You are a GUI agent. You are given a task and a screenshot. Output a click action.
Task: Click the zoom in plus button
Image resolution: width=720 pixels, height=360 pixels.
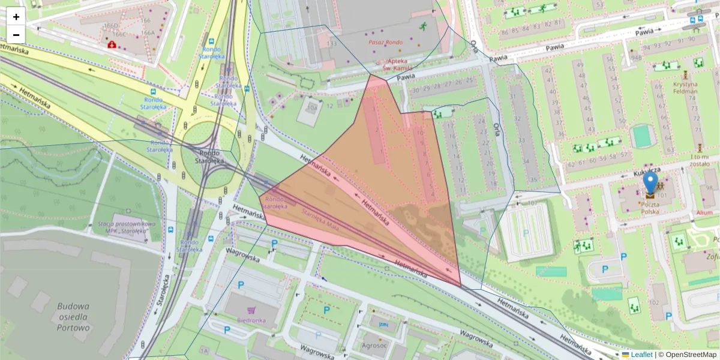click(x=16, y=16)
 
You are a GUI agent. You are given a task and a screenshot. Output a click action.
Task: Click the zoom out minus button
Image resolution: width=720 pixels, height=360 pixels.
click(x=16, y=35)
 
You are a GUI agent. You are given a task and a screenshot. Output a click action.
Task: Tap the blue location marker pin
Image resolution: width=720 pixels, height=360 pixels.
click(x=650, y=183)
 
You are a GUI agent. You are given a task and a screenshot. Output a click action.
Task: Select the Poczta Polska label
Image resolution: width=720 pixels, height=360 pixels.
click(x=650, y=208)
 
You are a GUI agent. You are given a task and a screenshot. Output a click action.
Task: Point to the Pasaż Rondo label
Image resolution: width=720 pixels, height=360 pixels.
click(x=385, y=43)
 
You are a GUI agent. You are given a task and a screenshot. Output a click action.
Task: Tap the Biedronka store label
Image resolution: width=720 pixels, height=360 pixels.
click(x=251, y=320)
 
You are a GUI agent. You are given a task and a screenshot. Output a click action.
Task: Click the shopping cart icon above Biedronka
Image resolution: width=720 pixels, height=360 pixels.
click(x=251, y=310)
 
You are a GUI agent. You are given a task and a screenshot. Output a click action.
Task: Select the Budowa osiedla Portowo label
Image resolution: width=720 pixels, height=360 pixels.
click(x=73, y=317)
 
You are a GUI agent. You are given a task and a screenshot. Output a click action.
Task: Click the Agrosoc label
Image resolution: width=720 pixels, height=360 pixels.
click(x=374, y=345)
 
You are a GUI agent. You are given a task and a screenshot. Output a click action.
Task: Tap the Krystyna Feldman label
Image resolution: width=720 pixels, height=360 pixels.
click(x=685, y=88)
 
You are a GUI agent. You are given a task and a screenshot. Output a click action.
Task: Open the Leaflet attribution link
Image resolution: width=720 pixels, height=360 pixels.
click(x=641, y=355)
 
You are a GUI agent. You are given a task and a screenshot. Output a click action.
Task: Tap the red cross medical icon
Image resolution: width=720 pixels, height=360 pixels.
click(x=111, y=44)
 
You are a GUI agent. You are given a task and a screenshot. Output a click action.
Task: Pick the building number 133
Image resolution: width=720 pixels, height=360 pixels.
click(x=331, y=44)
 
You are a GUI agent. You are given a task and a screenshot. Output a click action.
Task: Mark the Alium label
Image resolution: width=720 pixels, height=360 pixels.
click(x=704, y=212)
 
